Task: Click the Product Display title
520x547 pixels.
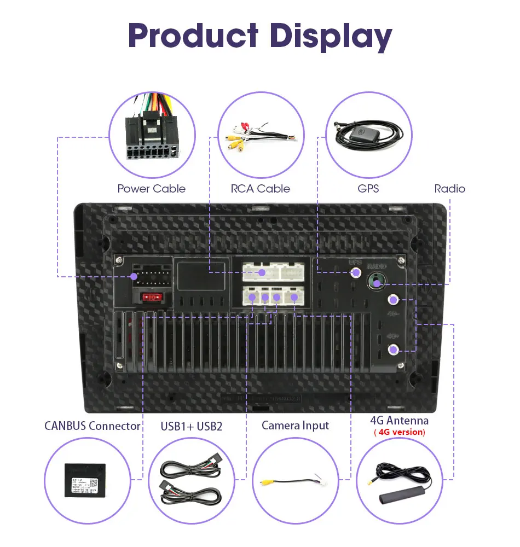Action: coord(260,36)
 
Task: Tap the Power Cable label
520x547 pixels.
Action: coord(151,189)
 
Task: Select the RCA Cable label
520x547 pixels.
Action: coord(260,189)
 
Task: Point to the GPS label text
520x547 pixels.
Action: coord(368,189)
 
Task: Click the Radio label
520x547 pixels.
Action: coord(449,189)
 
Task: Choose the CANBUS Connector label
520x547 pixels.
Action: coord(92,426)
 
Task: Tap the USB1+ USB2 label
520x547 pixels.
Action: coord(192,426)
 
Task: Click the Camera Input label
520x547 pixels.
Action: coord(295,425)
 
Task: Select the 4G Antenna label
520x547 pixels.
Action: coord(399,420)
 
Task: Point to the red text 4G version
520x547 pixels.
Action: coord(399,432)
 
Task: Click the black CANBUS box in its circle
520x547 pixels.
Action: coord(85,480)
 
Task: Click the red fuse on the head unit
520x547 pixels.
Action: coord(152,298)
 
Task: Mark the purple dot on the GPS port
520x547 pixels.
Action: coord(356,272)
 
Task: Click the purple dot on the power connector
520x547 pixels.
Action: coord(134,277)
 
